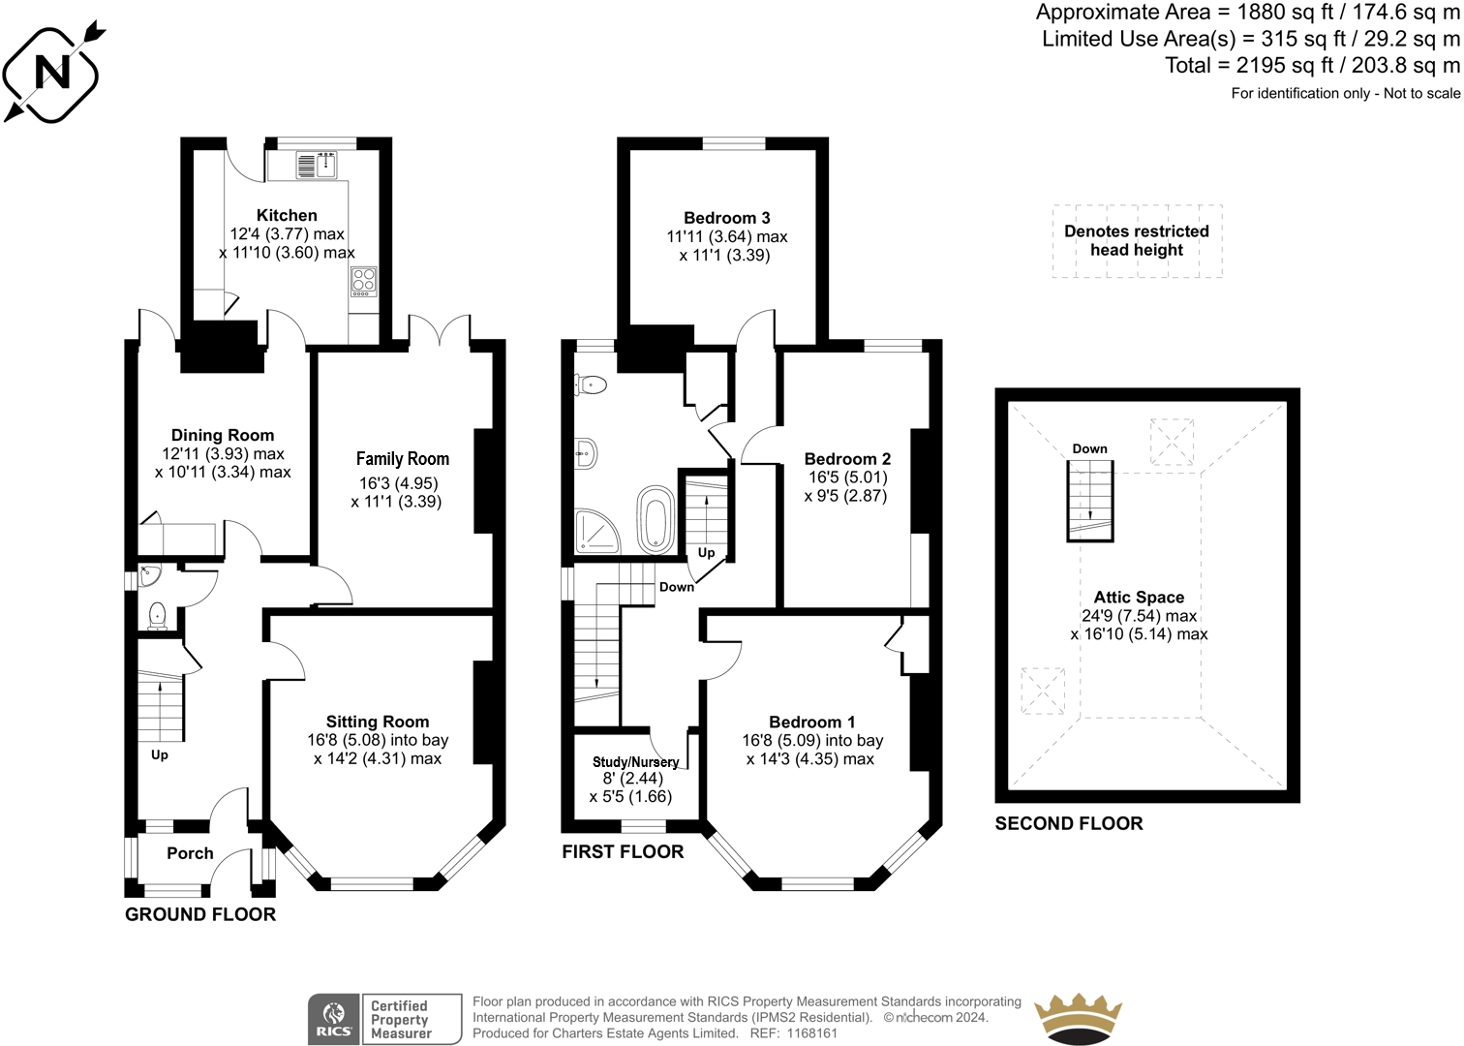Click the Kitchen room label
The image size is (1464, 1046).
287,215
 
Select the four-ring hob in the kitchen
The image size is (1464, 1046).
364,282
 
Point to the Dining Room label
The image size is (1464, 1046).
223,436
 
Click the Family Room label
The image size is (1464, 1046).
403,459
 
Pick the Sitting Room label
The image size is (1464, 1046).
378,722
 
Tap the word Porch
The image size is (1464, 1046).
190,853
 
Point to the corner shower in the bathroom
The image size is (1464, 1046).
596,532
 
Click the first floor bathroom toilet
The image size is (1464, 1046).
591,385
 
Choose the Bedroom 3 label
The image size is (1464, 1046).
727,218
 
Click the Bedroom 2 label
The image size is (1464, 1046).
847,459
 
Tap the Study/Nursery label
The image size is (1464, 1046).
636,762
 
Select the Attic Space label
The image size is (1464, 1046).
1140,597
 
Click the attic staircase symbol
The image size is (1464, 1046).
1090,501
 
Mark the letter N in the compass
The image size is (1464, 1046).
52,72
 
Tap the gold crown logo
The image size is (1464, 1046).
1078,1019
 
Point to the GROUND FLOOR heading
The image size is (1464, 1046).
200,914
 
